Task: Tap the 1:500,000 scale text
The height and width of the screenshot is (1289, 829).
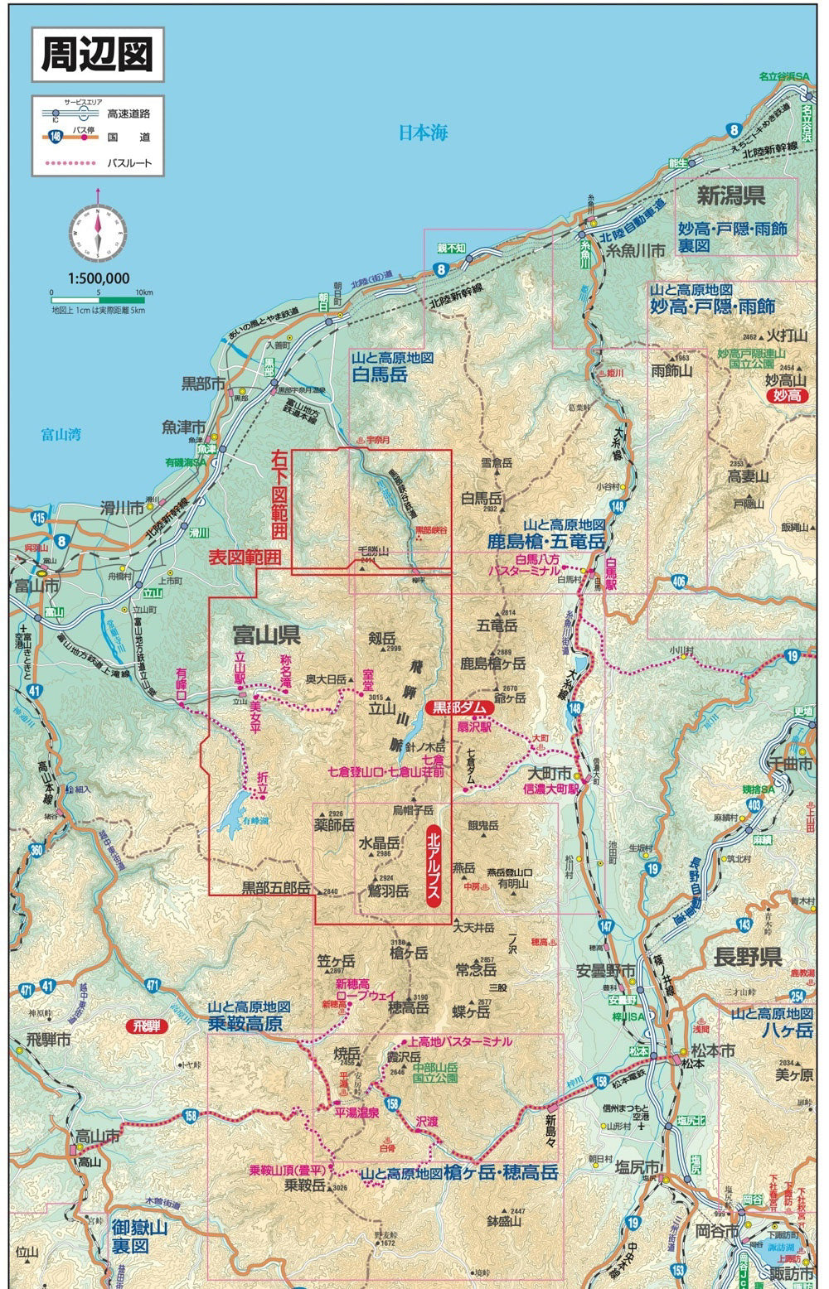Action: [x=98, y=279]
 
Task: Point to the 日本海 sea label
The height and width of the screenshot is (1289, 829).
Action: [x=423, y=133]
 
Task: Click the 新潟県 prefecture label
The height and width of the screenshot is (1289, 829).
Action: [x=730, y=196]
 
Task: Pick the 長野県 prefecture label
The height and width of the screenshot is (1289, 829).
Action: [x=749, y=958]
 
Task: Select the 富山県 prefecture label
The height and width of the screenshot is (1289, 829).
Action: [x=266, y=636]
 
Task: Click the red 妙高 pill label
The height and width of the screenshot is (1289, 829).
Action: [x=784, y=398]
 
